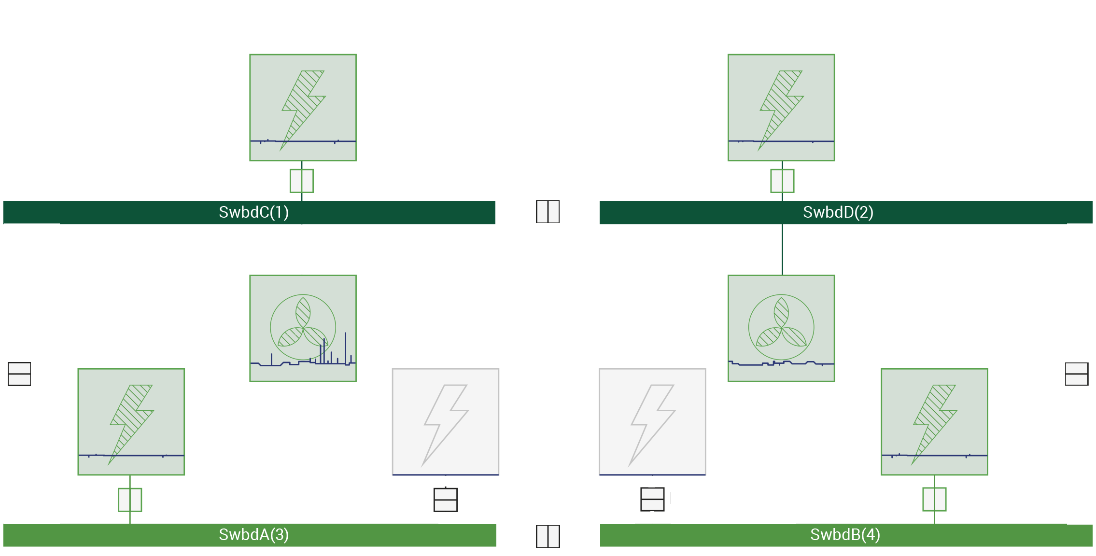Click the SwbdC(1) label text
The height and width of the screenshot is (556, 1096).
point(253,212)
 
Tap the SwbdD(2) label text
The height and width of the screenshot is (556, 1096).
point(838,212)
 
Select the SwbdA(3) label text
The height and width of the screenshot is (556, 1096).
point(253,535)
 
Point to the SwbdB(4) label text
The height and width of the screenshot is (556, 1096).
point(845,535)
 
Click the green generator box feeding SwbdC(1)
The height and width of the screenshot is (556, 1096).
point(303,107)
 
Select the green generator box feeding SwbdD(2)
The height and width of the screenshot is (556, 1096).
point(781,107)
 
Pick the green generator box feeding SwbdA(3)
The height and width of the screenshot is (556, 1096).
point(131,421)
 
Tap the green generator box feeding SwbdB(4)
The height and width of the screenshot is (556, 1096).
point(934,421)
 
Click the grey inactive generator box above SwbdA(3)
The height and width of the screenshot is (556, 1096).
point(445,422)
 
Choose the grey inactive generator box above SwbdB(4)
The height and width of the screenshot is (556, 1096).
point(652,422)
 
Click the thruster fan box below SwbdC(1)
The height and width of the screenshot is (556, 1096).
point(303,328)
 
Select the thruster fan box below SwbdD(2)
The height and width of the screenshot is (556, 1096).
point(781,328)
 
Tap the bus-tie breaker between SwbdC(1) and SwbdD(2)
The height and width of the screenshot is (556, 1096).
point(548,211)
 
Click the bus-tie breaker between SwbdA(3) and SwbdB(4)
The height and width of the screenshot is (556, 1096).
point(548,536)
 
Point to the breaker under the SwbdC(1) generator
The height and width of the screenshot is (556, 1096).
point(302,181)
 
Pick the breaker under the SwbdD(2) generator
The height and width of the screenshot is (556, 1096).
point(782,181)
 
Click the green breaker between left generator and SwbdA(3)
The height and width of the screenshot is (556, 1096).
point(130,500)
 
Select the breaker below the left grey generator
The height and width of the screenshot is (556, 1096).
point(445,500)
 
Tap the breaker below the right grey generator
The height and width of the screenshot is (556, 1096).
point(652,500)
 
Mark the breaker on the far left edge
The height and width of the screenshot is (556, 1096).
point(19,374)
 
